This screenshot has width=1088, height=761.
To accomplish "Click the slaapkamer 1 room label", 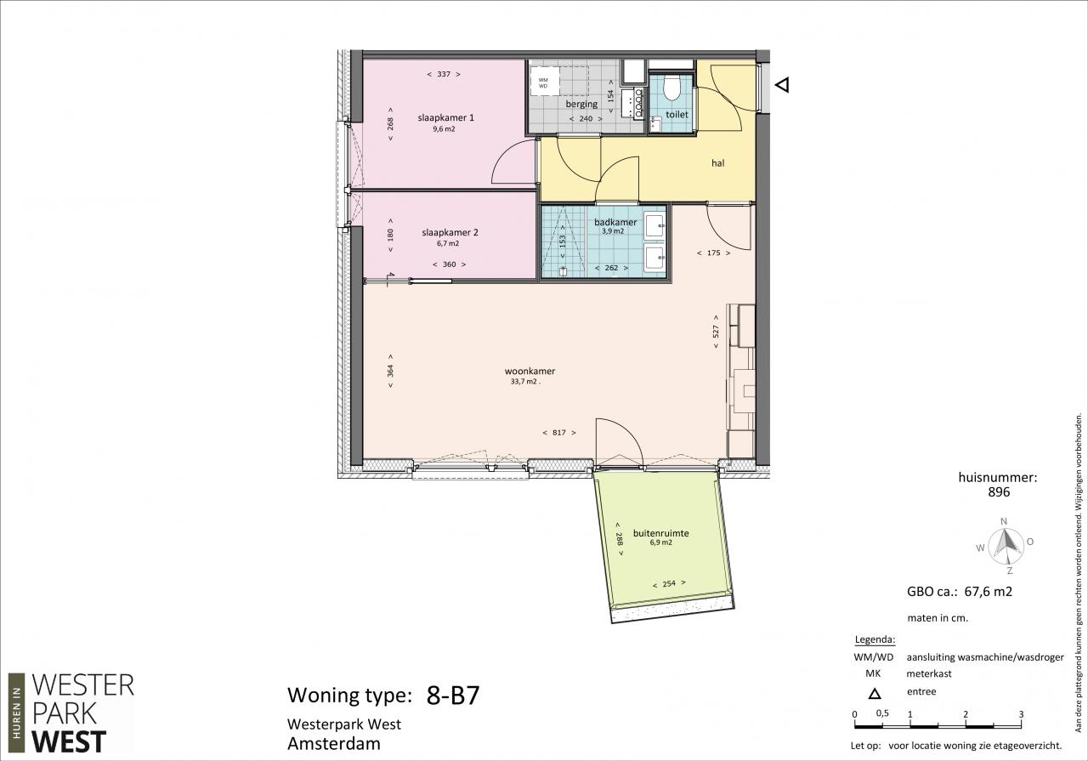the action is click(x=446, y=117).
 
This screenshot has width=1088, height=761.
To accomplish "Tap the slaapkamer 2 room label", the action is click(x=450, y=233).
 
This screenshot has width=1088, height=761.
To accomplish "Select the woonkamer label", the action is click(x=530, y=372).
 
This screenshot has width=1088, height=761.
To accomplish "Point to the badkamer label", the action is click(x=615, y=222).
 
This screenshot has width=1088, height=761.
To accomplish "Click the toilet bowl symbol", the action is click(x=671, y=88).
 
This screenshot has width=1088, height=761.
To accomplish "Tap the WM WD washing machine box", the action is click(x=544, y=83).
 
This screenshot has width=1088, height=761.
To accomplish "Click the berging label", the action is click(x=581, y=104).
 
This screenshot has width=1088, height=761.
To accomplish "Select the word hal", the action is click(x=718, y=163).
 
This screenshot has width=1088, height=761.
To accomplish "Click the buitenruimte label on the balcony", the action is click(x=660, y=533).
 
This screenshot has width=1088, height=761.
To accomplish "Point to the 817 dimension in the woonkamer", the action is click(x=559, y=433).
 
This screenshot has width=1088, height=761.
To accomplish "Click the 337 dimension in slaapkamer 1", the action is click(x=444, y=74).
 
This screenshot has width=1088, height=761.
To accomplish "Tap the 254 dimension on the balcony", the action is click(x=669, y=583).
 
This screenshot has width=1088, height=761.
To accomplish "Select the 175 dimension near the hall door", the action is click(x=713, y=253).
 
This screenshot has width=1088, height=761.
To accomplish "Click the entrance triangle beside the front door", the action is click(x=782, y=85).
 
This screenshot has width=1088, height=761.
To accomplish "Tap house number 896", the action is click(x=999, y=492).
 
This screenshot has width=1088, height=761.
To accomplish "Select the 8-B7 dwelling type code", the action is click(x=453, y=696).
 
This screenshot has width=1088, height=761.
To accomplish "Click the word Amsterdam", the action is click(x=334, y=744).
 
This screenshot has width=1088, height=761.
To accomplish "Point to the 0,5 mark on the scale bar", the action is click(x=882, y=713).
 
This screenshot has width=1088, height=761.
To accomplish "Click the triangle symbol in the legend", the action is click(x=875, y=694).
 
